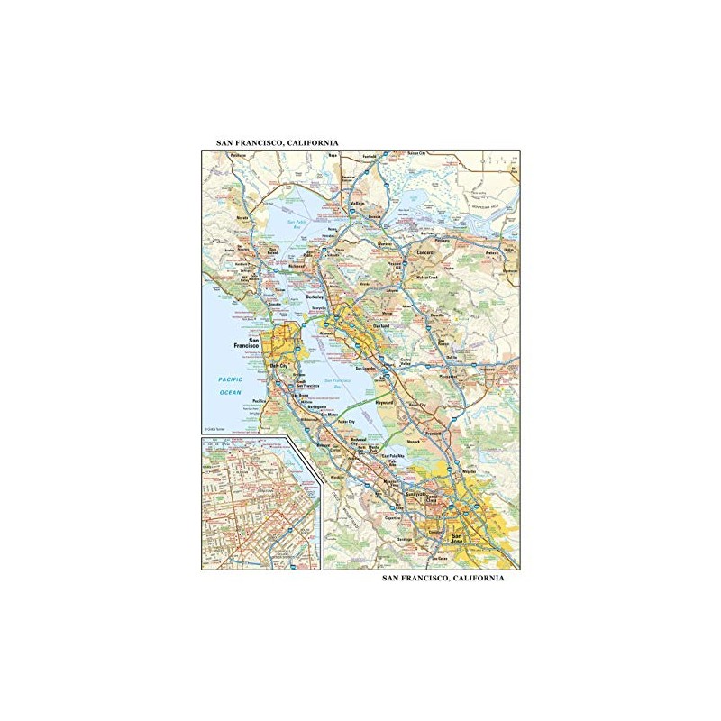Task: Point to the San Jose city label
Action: point(460,539)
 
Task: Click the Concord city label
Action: point(425,254)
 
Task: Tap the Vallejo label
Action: point(358,205)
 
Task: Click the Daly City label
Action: point(278,366)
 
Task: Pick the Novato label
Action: point(242,217)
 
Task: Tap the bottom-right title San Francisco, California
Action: point(443,578)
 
